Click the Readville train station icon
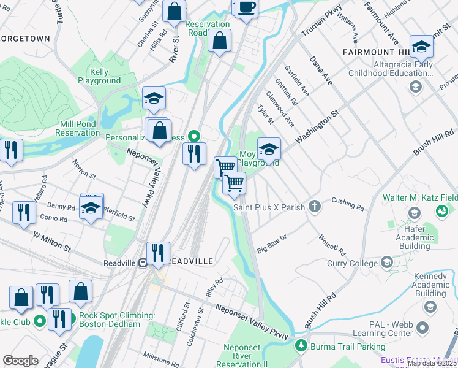142,262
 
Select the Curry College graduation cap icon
386,263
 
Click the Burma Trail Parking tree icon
301,346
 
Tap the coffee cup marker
247,8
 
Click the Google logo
20,361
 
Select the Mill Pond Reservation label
77,128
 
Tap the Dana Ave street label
320,71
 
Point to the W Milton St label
52,240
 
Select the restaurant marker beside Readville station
158,253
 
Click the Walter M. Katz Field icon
441,211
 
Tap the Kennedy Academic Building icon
430,307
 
